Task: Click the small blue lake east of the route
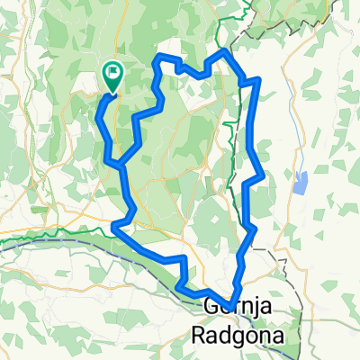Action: pyautogui.click(x=299, y=184)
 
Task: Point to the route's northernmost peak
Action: pyautogui.click(x=224, y=54)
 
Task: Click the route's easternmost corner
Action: pyautogui.click(x=262, y=175)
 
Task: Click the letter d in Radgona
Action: pyautogui.click(x=229, y=335)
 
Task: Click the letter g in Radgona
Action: pyautogui.click(x=244, y=338)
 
